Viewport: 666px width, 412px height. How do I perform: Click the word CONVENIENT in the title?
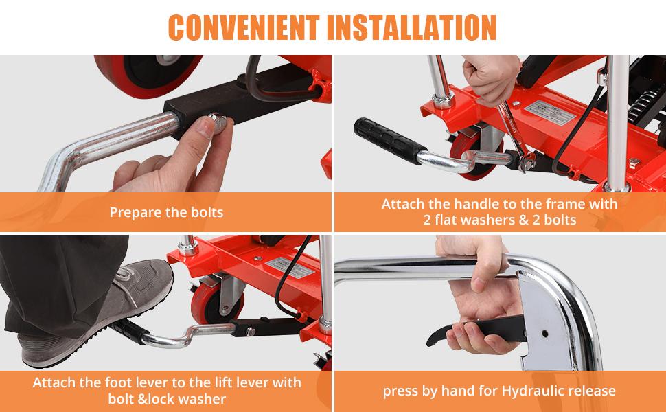point(244,27)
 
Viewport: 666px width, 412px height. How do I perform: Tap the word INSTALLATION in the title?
point(411,27)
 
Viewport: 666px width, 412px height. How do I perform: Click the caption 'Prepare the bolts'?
point(166,212)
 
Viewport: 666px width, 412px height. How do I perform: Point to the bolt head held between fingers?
point(218,122)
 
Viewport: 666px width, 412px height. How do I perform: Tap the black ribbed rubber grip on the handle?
point(389,140)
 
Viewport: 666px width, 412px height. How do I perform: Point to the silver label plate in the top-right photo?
point(550,112)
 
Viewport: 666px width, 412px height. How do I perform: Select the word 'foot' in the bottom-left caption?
point(117,382)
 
